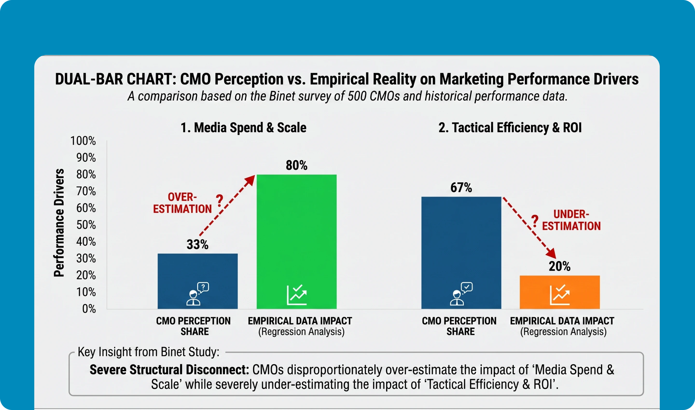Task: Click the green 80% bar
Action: [297, 241]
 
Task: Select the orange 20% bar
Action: [560, 292]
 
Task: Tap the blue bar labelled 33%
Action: [198, 281]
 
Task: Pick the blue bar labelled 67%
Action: [461, 253]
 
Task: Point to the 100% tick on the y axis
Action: [83, 141]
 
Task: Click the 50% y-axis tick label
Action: [86, 225]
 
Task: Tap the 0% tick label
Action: [89, 309]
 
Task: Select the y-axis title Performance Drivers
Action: [59, 223]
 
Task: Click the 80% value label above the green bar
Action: [297, 165]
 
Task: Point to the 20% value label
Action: [560, 266]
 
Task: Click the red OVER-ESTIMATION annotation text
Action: [182, 203]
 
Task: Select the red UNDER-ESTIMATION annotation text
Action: [571, 220]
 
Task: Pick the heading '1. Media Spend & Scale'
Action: [243, 128]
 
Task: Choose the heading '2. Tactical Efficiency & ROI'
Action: [510, 128]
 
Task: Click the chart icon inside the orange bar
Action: [560, 295]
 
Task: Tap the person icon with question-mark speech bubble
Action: [198, 294]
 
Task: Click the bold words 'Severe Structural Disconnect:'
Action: [169, 370]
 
